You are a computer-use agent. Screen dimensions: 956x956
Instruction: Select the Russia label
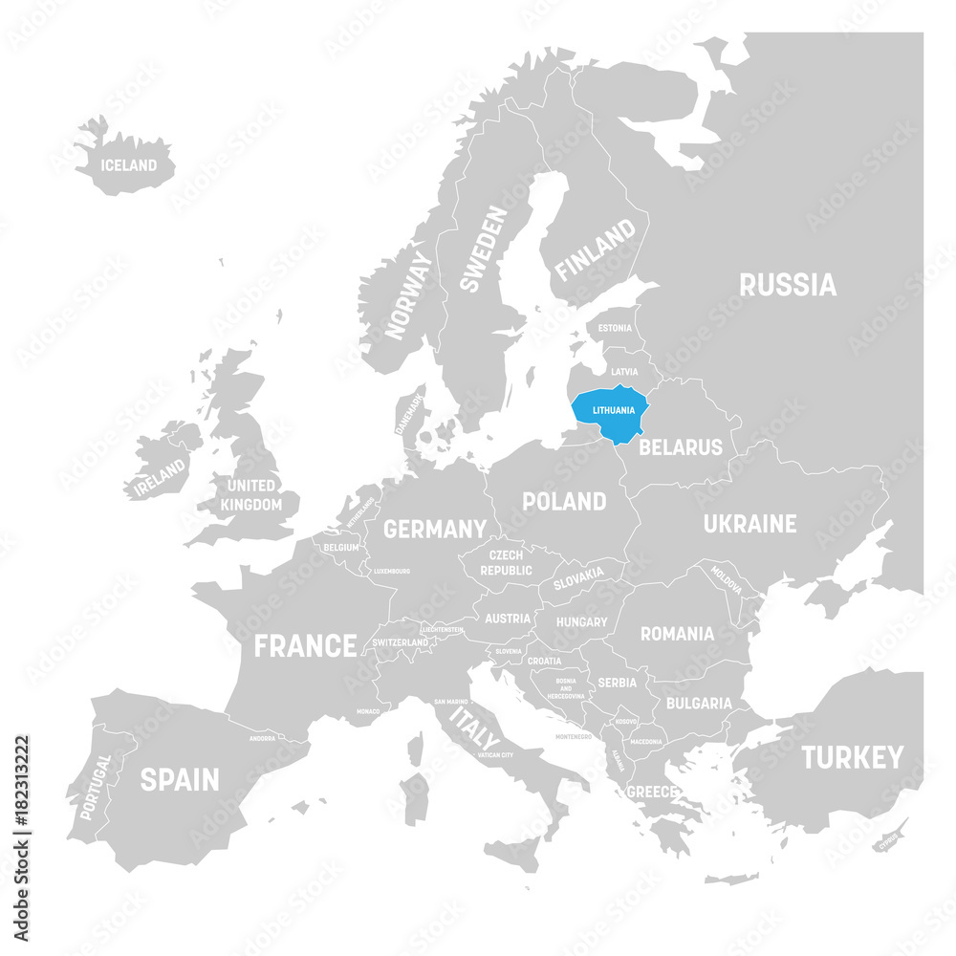(x=788, y=284)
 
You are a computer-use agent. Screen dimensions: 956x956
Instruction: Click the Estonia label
(x=614, y=328)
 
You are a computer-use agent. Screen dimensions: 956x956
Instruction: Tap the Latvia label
(x=624, y=371)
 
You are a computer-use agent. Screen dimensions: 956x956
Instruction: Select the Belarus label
(x=681, y=446)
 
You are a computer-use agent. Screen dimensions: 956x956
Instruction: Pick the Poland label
(x=564, y=501)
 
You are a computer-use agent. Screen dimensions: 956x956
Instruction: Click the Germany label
(x=435, y=529)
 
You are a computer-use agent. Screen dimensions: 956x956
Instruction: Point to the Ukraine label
(x=750, y=524)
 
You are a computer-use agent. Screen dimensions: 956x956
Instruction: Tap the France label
(x=305, y=645)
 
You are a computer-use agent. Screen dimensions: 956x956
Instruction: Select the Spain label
(x=180, y=780)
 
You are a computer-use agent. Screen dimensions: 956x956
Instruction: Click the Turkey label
(x=852, y=758)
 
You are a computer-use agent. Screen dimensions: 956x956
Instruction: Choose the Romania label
(x=677, y=633)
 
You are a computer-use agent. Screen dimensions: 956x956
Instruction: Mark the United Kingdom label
(x=251, y=495)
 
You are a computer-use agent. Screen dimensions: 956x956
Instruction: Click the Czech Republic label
(x=506, y=562)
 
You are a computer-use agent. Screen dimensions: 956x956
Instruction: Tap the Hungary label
(x=581, y=622)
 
